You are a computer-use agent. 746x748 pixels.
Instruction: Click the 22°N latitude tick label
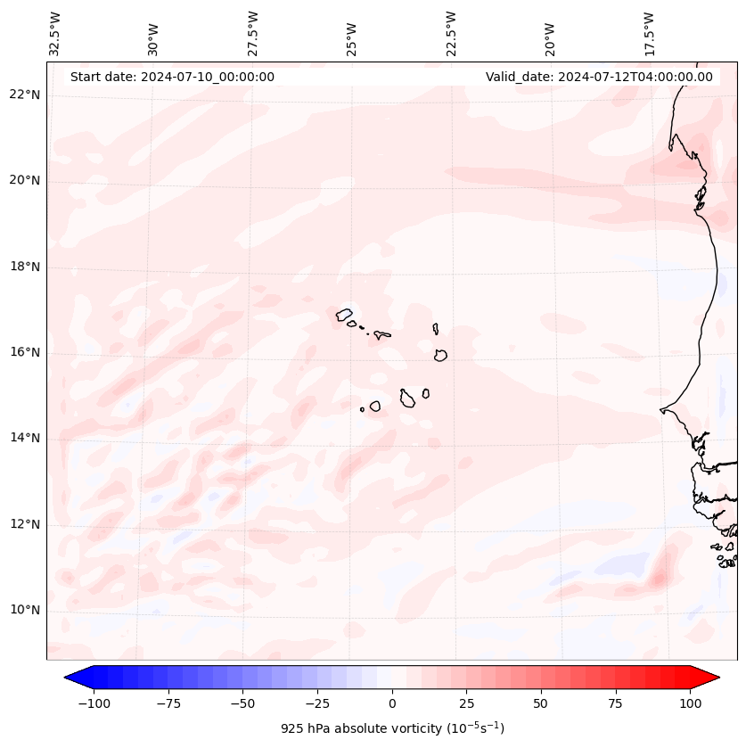(x=25, y=95)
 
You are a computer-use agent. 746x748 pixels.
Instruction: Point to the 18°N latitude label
(x=25, y=267)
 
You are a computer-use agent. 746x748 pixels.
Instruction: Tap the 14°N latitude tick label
(x=25, y=438)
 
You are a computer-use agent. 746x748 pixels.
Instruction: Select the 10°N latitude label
(x=25, y=611)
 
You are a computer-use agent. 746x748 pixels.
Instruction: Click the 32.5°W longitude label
(x=55, y=33)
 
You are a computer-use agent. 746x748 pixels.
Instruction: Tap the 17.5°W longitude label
(x=649, y=33)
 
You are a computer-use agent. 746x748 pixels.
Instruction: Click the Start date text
(x=172, y=77)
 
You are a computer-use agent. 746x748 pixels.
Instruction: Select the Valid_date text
(x=599, y=77)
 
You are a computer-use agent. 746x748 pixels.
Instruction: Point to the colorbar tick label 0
(x=392, y=703)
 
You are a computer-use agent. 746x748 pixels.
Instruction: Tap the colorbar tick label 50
(x=541, y=703)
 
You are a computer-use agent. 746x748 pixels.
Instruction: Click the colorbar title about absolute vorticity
(x=392, y=728)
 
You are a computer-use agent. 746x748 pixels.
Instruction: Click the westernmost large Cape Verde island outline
(x=344, y=314)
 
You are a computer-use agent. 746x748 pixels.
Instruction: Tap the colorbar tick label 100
(x=690, y=703)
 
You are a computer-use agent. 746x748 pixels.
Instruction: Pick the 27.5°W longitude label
(x=253, y=33)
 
